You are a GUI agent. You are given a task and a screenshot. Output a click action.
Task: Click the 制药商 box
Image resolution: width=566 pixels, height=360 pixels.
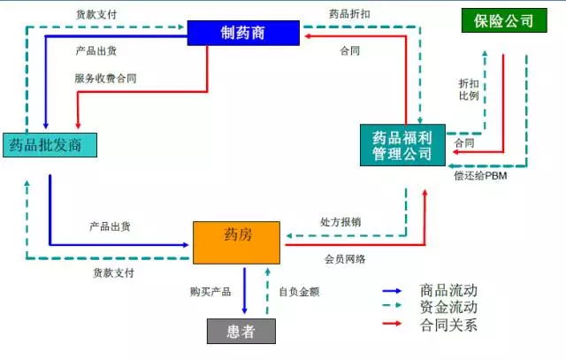coord(242,33)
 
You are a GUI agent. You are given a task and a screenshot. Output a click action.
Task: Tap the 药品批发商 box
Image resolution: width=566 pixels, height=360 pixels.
coord(48,143)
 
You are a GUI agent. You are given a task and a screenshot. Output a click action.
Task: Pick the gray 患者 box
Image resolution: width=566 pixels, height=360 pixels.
coord(241,330)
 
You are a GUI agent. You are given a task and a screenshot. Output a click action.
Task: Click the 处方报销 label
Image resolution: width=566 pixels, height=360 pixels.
coord(343,221)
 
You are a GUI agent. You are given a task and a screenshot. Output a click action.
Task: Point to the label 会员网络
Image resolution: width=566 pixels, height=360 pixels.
coord(345,258)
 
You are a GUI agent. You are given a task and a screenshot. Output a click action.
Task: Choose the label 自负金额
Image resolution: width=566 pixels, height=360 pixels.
coord(297,291)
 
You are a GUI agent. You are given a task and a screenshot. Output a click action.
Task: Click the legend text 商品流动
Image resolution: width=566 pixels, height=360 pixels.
coord(448,290)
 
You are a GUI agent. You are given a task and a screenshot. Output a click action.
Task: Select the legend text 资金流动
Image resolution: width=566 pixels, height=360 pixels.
coord(448,307)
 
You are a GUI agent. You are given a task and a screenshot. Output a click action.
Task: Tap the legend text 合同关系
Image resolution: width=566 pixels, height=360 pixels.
coord(448,324)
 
